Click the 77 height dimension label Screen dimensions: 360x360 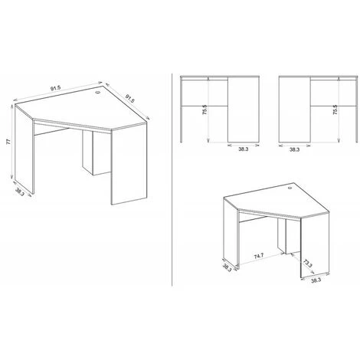(8, 142)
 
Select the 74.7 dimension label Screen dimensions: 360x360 (259, 256)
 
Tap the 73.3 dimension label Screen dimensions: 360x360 (308, 263)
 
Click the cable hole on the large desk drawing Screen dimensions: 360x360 (98, 92)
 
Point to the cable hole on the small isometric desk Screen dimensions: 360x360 (290, 188)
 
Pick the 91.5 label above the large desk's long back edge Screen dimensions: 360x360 (55, 88)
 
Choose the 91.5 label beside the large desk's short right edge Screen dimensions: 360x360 (129, 98)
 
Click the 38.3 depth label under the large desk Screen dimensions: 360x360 (20, 191)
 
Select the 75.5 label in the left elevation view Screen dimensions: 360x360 (205, 110)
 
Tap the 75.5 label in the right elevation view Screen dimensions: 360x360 (335, 110)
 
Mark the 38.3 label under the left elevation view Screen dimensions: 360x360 (244, 149)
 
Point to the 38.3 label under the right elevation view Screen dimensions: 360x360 (294, 149)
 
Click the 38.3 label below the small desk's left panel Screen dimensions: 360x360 (227, 267)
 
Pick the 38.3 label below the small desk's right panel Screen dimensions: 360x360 (316, 280)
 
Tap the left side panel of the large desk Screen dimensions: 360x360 (25, 149)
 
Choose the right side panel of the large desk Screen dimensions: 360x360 (129, 164)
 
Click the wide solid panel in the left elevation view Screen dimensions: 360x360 (244, 110)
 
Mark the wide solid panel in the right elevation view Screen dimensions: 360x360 (295, 110)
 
